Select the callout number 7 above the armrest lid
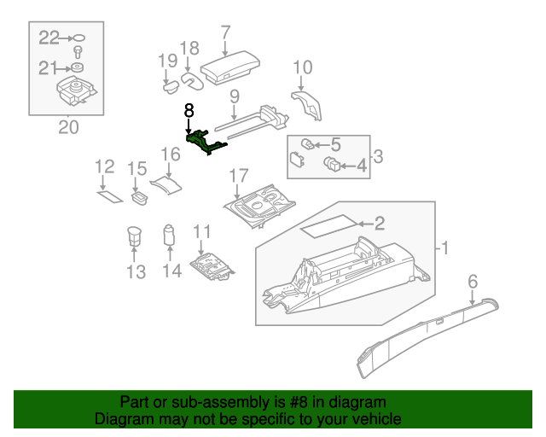225,33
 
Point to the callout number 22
49,37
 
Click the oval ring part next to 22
78,38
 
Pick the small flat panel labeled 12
108,198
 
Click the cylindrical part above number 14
169,233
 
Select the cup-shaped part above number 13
134,235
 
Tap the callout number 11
201,231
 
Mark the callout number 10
303,67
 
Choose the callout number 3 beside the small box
378,156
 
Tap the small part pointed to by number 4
333,162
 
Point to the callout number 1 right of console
444,248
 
